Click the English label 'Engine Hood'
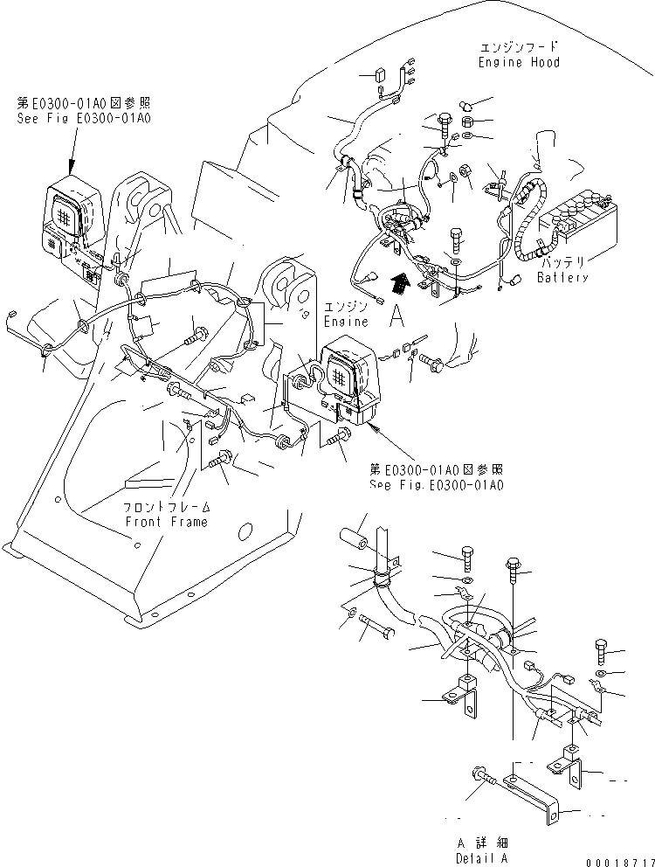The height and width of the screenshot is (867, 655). (x=519, y=63)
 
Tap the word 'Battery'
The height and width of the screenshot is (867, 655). (x=562, y=278)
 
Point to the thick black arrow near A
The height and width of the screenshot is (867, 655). (x=400, y=283)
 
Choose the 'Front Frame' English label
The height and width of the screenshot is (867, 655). (x=165, y=522)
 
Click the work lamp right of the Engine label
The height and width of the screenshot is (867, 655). (x=351, y=374)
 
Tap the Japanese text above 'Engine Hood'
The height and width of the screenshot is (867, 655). (x=519, y=46)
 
